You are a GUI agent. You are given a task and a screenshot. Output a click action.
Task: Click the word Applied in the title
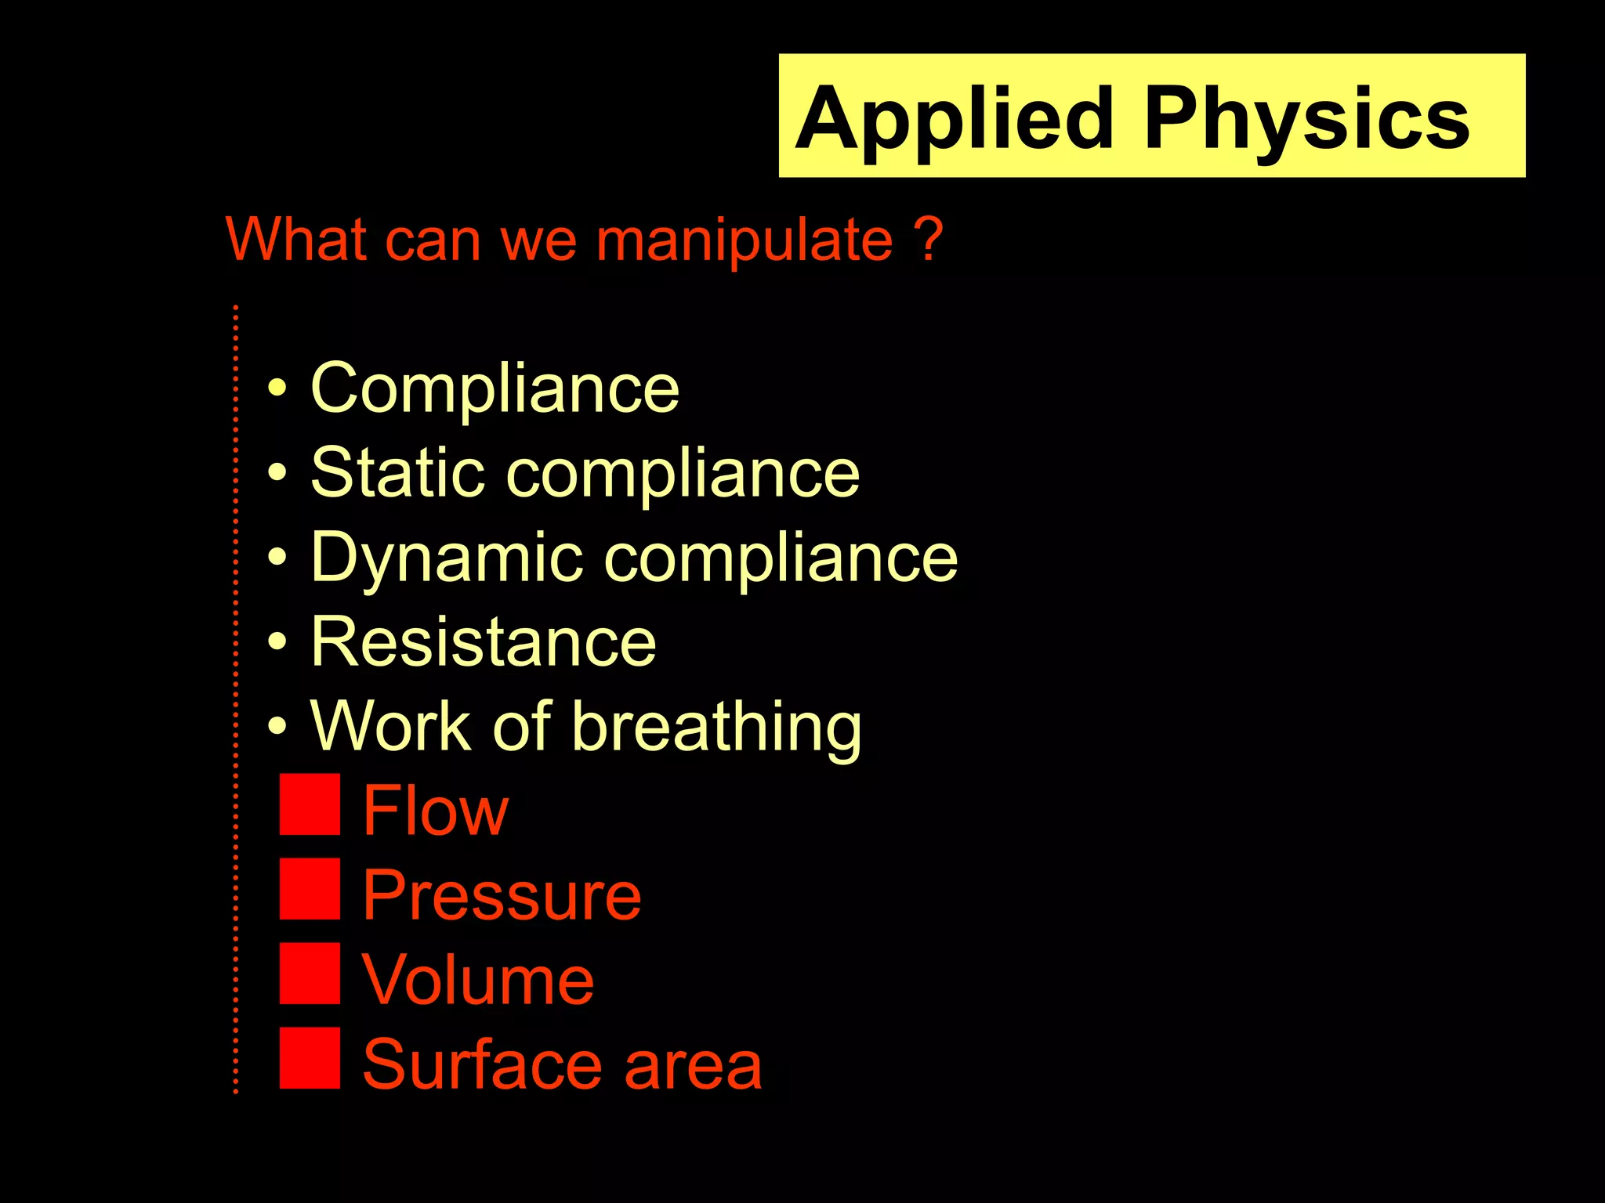[955, 119]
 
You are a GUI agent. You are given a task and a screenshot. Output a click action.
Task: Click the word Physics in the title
[1306, 119]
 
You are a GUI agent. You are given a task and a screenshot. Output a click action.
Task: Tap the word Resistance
[483, 642]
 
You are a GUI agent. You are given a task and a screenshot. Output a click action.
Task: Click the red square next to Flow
[310, 804]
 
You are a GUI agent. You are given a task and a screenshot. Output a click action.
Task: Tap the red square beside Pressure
[310, 889]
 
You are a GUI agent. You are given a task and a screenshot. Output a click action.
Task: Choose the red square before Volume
[310, 974]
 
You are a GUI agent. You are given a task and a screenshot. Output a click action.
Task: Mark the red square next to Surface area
[310, 1058]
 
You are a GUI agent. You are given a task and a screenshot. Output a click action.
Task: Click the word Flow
[435, 811]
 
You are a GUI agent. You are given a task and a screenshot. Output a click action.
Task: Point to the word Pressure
[502, 896]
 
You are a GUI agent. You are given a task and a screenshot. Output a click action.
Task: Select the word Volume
[477, 981]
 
